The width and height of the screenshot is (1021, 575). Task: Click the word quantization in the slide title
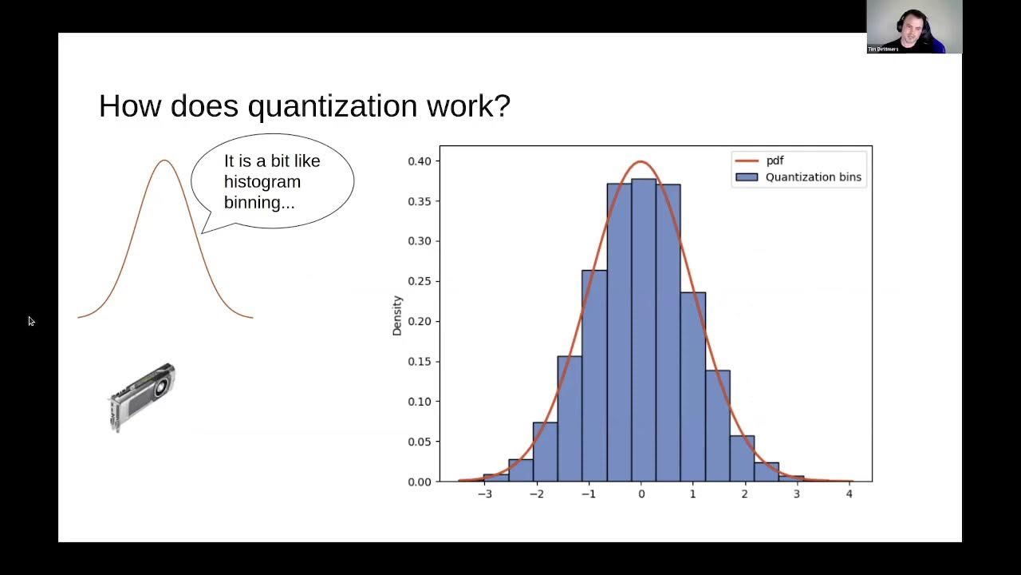333,106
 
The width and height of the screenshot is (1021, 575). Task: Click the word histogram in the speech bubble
262,182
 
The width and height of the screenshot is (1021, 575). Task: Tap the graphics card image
142,397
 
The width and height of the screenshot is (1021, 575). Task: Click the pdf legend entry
774,161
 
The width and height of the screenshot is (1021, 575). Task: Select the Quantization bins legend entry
812,177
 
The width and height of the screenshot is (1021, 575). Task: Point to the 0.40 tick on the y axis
420,161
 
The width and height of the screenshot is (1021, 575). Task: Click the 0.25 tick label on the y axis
420,281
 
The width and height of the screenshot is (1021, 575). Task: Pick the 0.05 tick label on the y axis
420,442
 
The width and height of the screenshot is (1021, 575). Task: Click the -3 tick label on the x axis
484,494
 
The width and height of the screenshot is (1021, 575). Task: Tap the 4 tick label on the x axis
849,494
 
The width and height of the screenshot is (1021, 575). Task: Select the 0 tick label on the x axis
641,494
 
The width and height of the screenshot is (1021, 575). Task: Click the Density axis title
397,315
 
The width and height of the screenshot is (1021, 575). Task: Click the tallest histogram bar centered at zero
644,327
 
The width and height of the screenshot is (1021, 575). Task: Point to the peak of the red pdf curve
641,162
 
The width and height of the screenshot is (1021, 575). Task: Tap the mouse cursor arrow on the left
31,321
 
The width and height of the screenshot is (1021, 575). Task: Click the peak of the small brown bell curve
165,161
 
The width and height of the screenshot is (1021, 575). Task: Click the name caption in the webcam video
883,50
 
